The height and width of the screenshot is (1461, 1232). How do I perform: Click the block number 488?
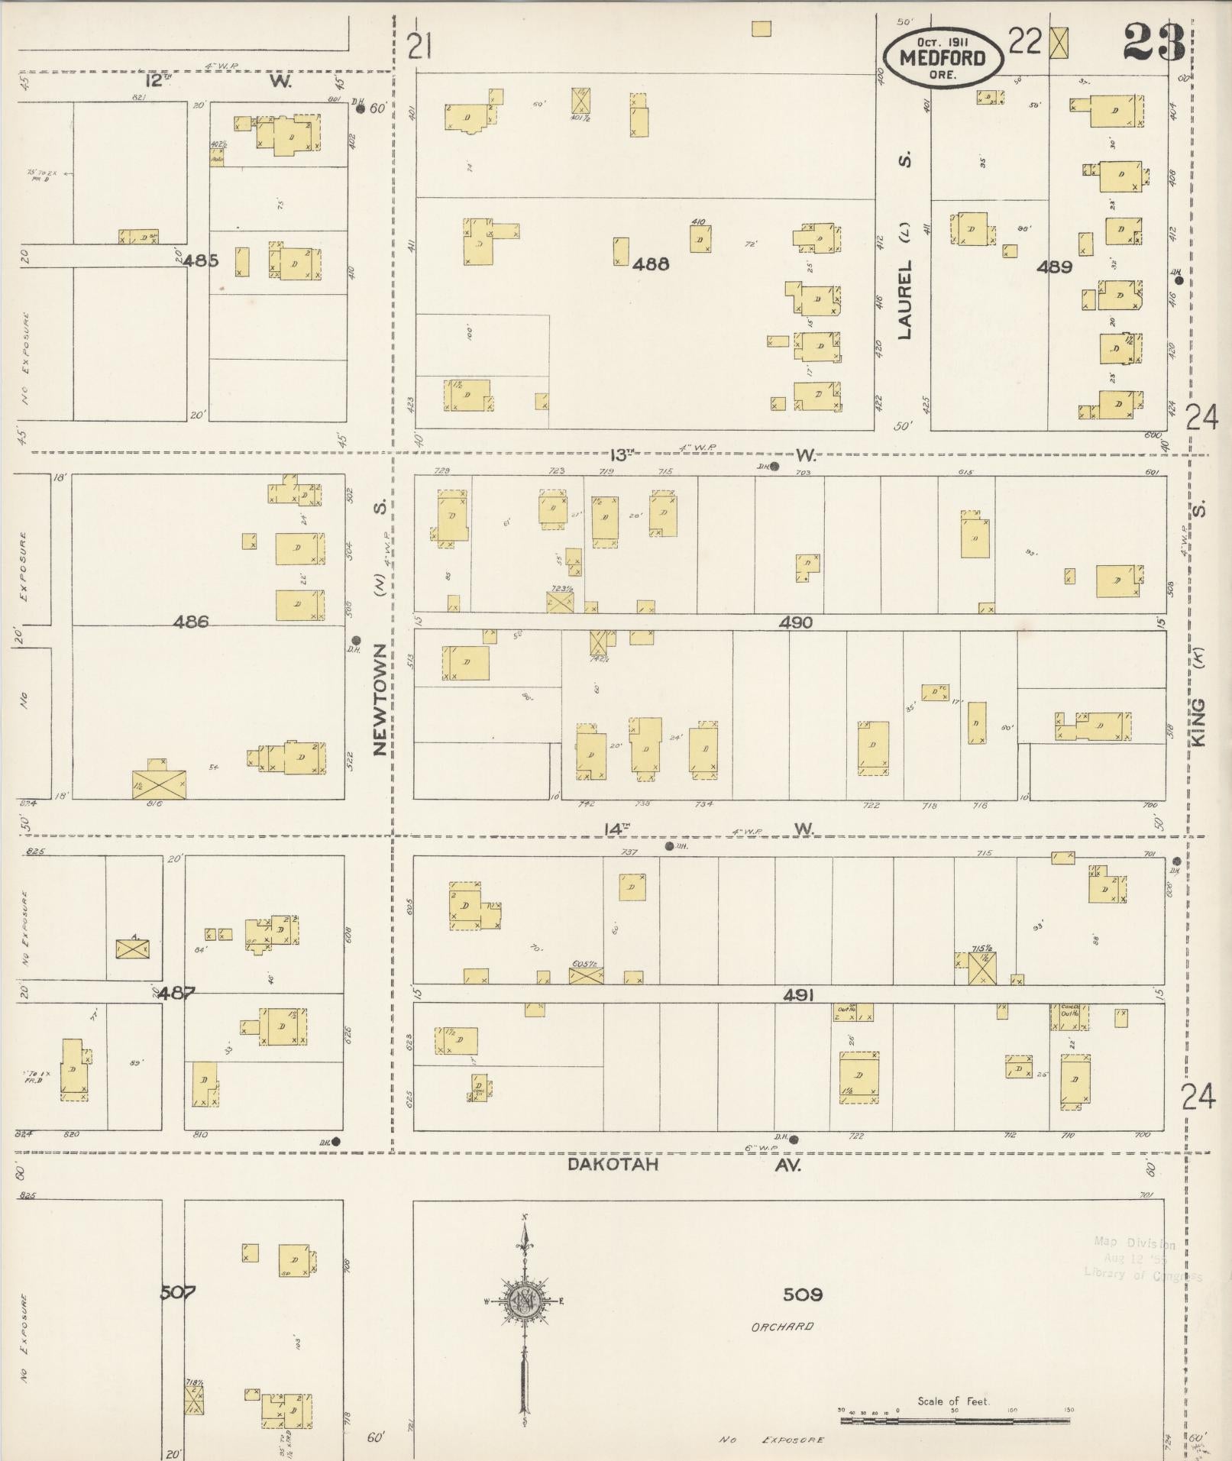coord(651,264)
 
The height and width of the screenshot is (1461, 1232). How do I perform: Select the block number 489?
coord(1054,267)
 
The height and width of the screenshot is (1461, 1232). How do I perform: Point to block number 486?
coord(190,622)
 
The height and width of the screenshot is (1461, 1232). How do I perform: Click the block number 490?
coord(795,622)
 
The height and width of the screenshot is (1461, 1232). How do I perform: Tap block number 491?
coord(798,995)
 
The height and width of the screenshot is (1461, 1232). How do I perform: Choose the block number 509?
coord(802,1295)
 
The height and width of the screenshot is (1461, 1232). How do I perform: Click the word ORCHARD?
coord(782,1327)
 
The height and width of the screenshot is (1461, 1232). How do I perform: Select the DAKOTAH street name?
coord(613,1165)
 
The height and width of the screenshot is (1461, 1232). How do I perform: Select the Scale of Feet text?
coord(953,1401)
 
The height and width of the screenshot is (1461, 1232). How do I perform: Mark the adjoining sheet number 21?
coord(419,47)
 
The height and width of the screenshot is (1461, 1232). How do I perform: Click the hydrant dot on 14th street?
coord(670,846)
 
